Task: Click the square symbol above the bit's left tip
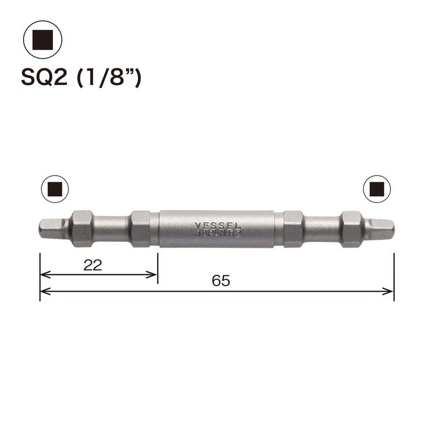point(55,189)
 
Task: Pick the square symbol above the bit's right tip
point(377,189)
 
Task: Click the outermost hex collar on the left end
point(81,227)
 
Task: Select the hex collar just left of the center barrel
point(141,227)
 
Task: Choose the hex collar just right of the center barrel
point(293,227)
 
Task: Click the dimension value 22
point(93,266)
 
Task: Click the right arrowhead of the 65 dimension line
point(389,291)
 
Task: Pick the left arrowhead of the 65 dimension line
point(44,291)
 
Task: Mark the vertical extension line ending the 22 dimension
point(158,268)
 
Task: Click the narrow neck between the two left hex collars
point(112,227)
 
